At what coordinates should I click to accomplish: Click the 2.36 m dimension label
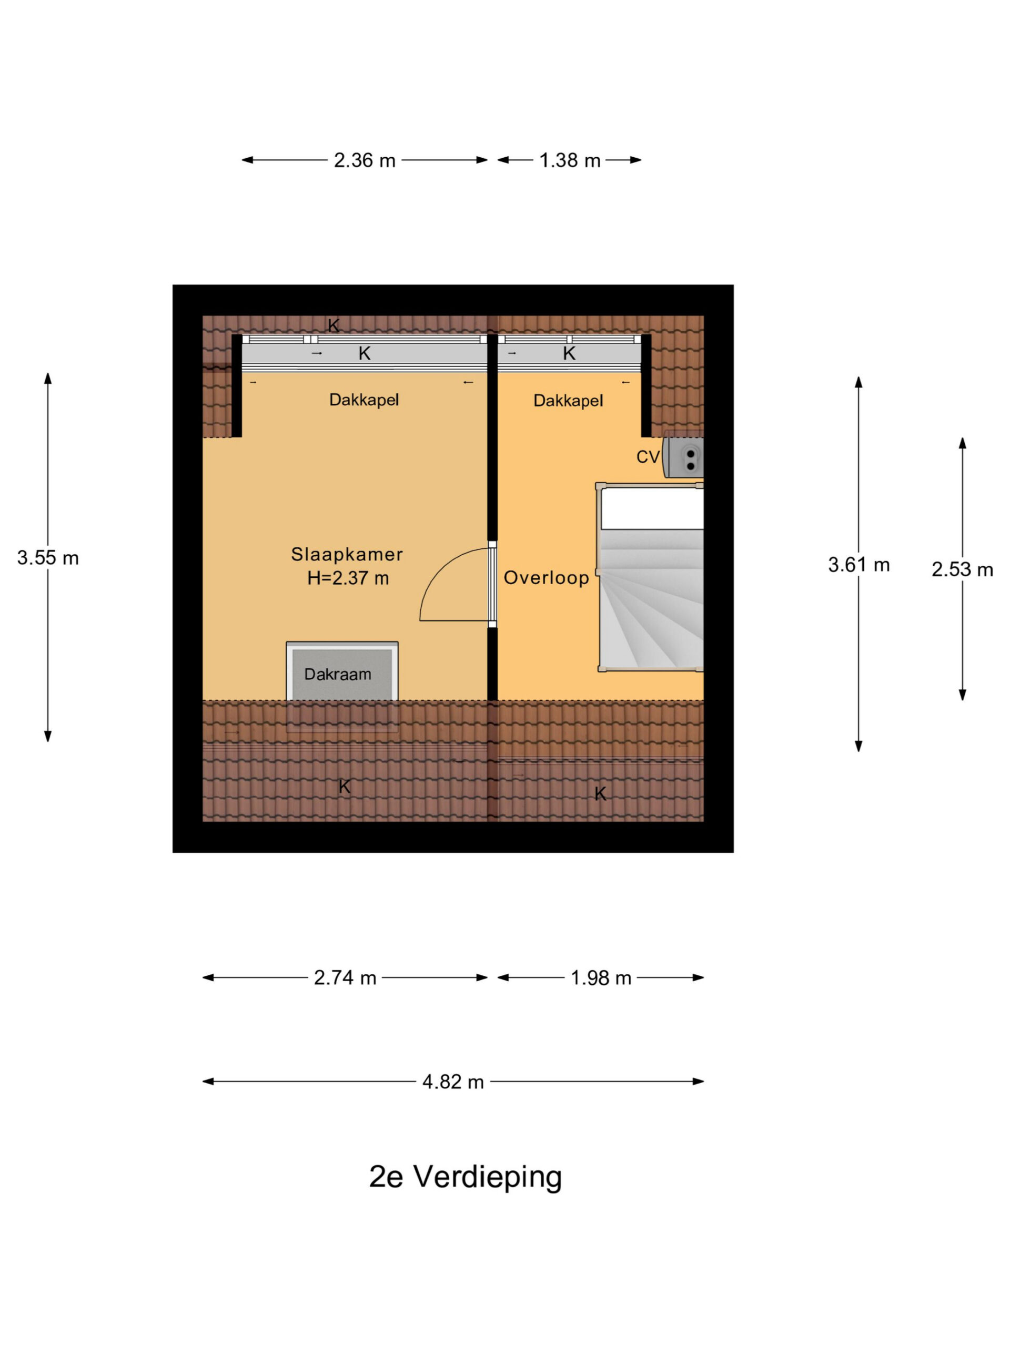tap(364, 160)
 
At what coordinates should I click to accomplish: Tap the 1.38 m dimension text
tap(569, 160)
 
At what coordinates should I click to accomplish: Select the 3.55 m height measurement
tap(48, 557)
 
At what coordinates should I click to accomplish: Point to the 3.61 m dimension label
tap(858, 565)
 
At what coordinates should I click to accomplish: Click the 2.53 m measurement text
tap(962, 569)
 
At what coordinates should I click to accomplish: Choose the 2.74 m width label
tap(345, 977)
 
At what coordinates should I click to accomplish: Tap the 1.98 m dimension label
tap(600, 977)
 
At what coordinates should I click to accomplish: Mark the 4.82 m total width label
tap(453, 1082)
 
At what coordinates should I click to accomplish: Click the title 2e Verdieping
tap(465, 1176)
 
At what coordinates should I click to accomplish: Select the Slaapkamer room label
tap(347, 554)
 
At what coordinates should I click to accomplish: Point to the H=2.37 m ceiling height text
tap(348, 577)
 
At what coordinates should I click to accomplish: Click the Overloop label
tap(546, 577)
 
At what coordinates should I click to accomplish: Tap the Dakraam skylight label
tap(337, 674)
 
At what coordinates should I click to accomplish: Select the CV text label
tap(648, 456)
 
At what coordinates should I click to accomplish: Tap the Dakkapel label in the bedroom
tap(364, 400)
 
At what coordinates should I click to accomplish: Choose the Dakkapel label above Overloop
tap(568, 401)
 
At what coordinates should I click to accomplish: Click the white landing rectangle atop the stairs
tap(652, 508)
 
